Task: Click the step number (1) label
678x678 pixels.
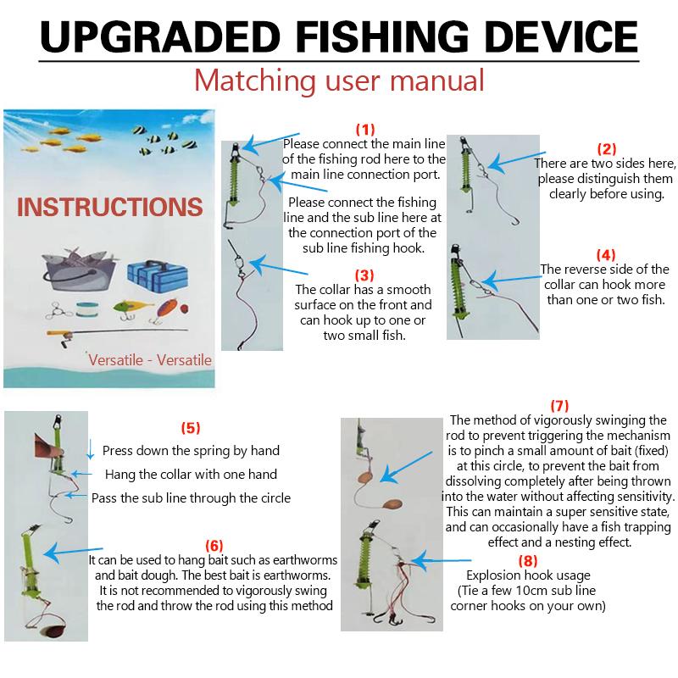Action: click(x=365, y=130)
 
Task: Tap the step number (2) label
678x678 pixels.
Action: click(x=607, y=149)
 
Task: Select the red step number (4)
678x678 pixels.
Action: click(x=606, y=255)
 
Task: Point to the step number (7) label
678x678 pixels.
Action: click(x=559, y=406)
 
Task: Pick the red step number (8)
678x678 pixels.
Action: click(x=528, y=561)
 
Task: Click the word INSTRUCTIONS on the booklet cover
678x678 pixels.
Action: click(x=110, y=207)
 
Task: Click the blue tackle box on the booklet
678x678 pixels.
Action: click(x=158, y=276)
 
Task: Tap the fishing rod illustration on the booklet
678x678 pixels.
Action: click(x=117, y=334)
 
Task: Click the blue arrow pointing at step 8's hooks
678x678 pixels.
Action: click(x=441, y=561)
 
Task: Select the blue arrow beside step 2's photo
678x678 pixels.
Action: click(x=517, y=161)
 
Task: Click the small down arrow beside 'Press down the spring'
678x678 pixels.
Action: click(x=91, y=449)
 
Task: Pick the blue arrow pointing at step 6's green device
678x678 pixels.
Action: click(x=73, y=553)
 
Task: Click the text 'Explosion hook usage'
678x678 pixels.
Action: click(x=528, y=575)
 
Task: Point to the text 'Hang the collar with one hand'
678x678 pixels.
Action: click(x=191, y=475)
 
